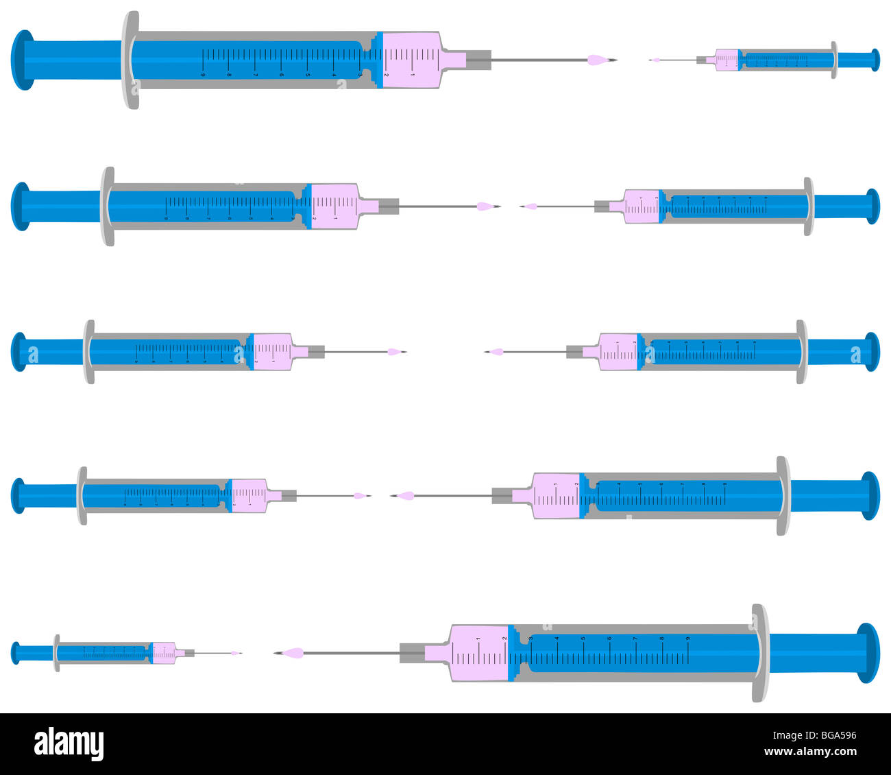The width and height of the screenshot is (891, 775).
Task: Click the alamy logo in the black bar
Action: click(x=69, y=744)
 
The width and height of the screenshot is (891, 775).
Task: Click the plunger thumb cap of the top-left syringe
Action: click(x=23, y=60)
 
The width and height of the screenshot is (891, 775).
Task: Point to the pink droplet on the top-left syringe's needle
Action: click(x=598, y=60)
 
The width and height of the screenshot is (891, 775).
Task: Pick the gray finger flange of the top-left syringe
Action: click(x=130, y=60)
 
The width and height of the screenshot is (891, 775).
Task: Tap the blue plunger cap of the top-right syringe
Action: click(x=875, y=60)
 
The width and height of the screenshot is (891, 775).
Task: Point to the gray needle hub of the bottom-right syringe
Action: click(x=411, y=653)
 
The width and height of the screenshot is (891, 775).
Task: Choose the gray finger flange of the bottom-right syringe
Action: click(x=759, y=653)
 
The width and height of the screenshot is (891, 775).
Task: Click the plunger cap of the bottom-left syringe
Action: click(x=16, y=653)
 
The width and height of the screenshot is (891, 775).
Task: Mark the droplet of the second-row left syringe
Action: click(x=485, y=206)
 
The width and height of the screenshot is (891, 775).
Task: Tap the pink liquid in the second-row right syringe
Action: click(x=642, y=206)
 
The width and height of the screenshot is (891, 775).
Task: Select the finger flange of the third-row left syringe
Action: click(x=89, y=351)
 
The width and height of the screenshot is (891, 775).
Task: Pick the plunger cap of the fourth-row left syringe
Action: click(x=18, y=495)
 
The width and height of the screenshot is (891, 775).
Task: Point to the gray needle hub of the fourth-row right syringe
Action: click(x=502, y=495)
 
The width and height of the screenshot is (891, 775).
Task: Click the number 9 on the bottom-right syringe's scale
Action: click(x=687, y=638)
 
